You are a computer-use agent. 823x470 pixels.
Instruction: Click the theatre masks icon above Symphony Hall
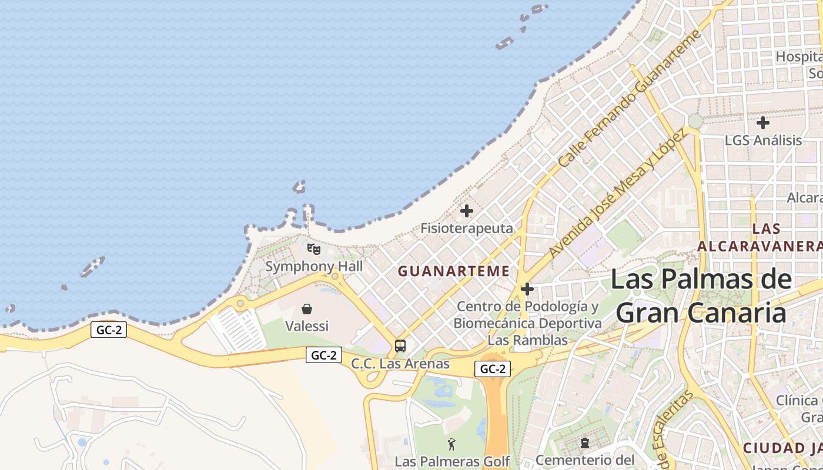point(314,249)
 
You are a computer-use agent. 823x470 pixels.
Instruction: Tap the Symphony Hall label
point(314,266)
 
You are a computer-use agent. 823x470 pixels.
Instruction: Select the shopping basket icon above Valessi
point(306,308)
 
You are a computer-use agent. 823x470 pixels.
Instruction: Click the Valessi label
point(306,325)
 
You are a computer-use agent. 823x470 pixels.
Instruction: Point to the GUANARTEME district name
point(453,271)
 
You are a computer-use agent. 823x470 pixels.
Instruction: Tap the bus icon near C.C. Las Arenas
point(400,346)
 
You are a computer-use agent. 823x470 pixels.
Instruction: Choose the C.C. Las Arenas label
point(400,364)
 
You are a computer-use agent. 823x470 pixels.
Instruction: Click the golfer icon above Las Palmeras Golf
point(451,444)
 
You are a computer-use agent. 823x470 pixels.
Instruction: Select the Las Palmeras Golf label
point(451,461)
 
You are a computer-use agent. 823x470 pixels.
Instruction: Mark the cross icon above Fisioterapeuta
point(467,211)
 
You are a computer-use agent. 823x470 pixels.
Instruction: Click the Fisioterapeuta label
point(467,228)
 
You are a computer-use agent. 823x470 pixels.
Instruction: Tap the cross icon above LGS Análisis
point(763,123)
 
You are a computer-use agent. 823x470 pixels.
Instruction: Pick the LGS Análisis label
point(763,140)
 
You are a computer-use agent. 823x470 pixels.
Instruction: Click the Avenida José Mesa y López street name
point(617,193)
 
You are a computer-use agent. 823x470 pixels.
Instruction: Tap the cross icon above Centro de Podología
point(527,289)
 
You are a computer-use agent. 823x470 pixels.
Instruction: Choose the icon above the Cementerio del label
point(585,443)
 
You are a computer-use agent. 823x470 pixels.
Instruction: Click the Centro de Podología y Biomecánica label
point(527,323)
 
